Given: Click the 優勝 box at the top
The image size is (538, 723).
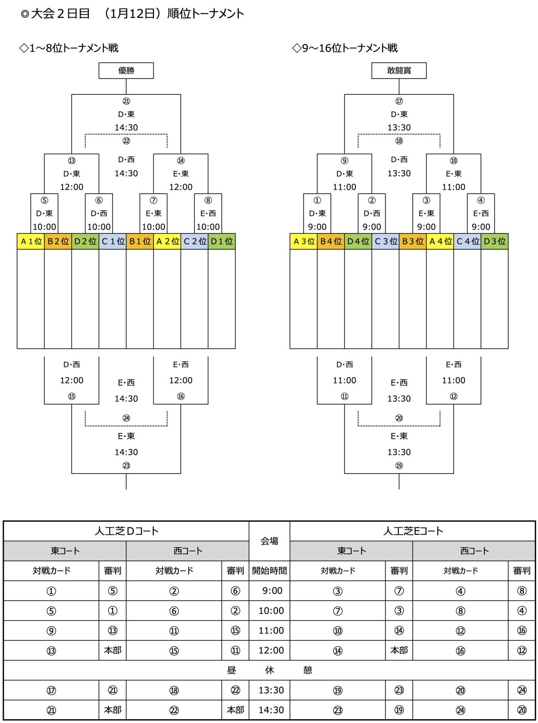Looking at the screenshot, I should click(126, 70).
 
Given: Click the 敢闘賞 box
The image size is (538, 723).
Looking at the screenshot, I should click(399, 70).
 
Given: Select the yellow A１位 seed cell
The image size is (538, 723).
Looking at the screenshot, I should click(31, 241).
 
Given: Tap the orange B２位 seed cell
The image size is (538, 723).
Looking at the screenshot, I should click(58, 241).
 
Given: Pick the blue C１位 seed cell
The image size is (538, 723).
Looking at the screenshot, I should click(112, 241).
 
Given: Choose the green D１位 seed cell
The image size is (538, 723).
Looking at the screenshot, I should click(222, 241).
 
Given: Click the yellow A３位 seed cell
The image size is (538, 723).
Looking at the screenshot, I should click(303, 241).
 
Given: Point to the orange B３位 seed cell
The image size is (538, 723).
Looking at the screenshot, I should click(412, 241).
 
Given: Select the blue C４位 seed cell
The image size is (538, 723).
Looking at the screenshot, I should click(467, 241).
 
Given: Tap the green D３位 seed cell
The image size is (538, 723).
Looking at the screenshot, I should click(494, 241).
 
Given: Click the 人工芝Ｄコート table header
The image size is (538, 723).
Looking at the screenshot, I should click(126, 531).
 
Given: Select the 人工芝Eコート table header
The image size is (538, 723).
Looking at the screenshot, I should click(412, 531).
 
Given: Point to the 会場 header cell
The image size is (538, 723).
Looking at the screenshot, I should click(269, 541).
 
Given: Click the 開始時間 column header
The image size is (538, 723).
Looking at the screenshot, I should click(269, 571).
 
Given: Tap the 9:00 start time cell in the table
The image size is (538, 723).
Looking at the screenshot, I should click(272, 591).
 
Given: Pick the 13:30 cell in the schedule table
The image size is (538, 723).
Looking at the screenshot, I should click(271, 690).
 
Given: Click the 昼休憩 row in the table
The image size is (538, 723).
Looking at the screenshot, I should click(269, 670).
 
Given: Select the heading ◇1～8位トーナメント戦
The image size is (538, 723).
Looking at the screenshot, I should click(69, 48).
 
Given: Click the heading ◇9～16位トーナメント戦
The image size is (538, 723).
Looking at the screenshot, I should click(344, 48).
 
